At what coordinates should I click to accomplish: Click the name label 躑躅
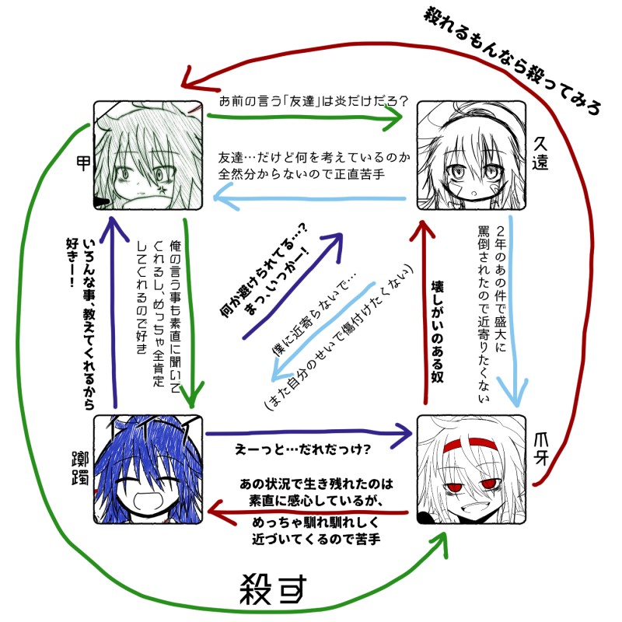point(78,463)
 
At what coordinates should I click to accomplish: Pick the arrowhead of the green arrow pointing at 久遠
point(393,118)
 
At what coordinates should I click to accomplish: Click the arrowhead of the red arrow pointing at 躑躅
point(219,512)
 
